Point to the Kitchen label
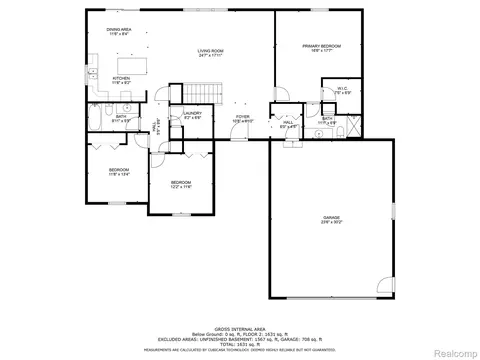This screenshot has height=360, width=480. pos(120,79)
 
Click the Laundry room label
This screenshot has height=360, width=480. pos(193,116)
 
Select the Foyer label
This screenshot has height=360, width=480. pos(242,119)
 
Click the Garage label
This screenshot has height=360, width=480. pos(331,220)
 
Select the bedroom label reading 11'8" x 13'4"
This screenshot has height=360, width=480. pos(119,172)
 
